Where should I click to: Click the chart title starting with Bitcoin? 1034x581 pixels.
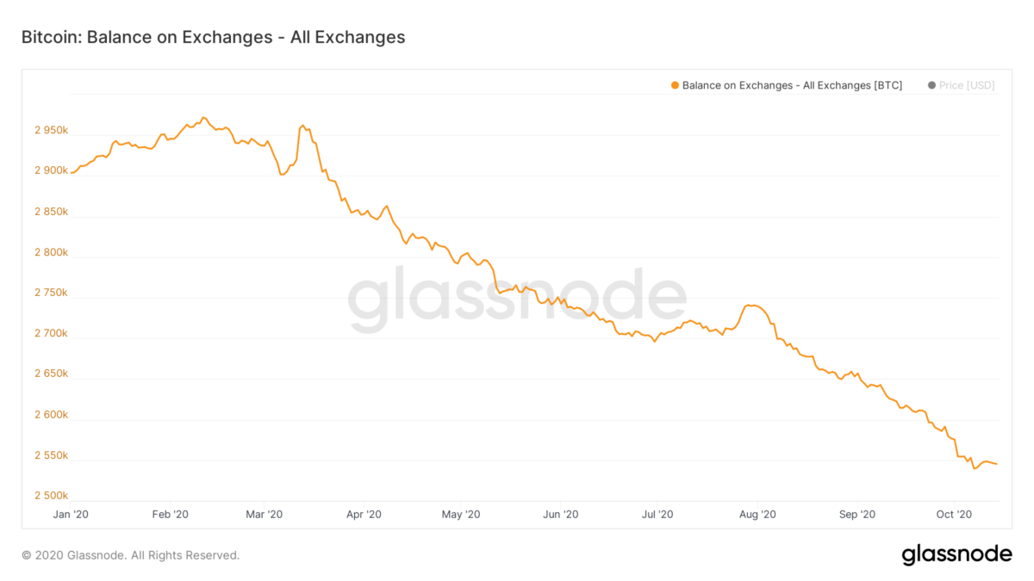213,37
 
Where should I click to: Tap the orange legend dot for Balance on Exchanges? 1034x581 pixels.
674,85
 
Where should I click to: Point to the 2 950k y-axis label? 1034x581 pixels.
51,130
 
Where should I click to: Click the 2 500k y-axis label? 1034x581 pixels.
51,496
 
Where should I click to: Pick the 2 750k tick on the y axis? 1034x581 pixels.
51,293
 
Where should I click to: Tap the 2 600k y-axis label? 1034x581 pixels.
51,415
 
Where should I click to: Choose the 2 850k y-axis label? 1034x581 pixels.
51,212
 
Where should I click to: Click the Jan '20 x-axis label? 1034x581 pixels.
71,515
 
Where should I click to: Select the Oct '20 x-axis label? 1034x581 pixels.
954,515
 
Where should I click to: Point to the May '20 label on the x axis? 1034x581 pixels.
460,515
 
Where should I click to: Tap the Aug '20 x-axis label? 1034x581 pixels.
757,515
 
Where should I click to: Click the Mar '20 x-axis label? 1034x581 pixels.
264,515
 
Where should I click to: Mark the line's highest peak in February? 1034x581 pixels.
203,117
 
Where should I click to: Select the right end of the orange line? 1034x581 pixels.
997,465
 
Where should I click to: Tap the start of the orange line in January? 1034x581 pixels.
72,173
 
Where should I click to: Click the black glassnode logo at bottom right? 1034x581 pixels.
956,555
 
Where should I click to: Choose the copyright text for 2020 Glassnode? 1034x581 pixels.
130,555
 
